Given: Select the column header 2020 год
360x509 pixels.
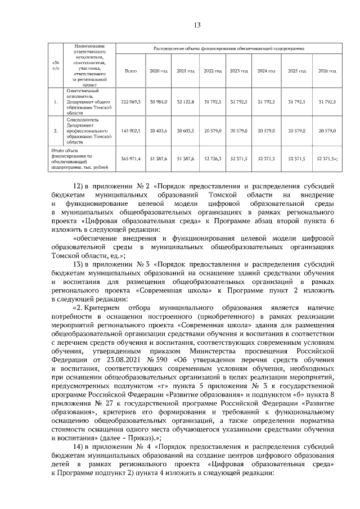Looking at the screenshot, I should (x=158, y=71).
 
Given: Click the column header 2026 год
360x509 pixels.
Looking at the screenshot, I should (x=327, y=71).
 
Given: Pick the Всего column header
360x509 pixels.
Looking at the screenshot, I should (x=130, y=71).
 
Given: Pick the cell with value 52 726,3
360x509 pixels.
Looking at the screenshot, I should (x=212, y=159).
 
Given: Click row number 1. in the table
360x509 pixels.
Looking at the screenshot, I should (x=55, y=102).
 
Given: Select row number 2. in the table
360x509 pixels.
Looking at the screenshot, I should (x=55, y=130).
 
